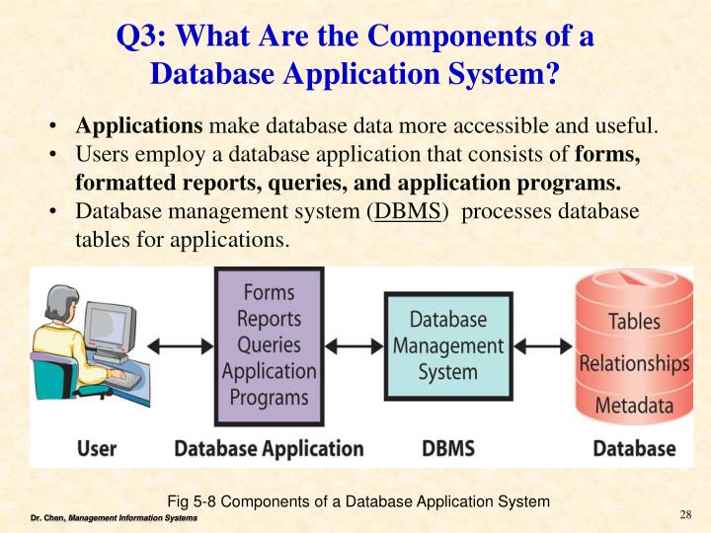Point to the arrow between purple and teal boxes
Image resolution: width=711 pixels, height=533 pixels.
click(x=355, y=345)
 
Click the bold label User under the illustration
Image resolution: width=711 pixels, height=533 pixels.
click(x=97, y=448)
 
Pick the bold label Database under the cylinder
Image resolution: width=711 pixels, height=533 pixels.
click(x=634, y=448)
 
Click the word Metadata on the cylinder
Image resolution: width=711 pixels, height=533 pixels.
click(x=634, y=405)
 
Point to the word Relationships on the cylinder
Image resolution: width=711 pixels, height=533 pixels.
click(x=634, y=363)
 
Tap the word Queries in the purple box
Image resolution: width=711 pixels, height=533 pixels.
click(x=269, y=344)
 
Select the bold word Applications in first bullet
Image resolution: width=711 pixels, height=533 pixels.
click(x=139, y=126)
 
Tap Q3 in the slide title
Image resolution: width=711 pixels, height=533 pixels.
click(x=141, y=38)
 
